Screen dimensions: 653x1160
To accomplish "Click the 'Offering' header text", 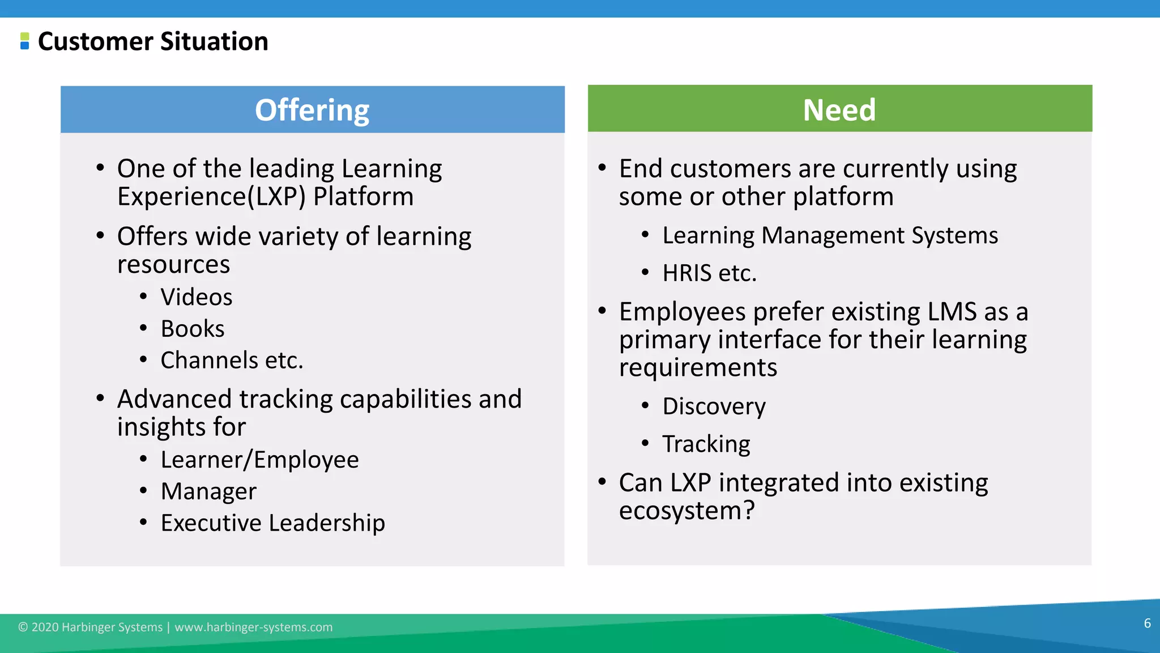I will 312,110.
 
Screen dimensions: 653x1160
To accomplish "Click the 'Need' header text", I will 839,109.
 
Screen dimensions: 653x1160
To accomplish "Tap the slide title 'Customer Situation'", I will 153,41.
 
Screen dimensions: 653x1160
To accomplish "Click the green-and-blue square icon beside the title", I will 24,41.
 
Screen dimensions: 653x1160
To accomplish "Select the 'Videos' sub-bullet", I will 196,297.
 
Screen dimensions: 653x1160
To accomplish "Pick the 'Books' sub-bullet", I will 193,329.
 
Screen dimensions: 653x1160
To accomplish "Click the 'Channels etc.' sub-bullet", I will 232,361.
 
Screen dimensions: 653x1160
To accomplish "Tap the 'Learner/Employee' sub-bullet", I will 259,460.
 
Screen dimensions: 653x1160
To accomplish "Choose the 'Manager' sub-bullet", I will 208,491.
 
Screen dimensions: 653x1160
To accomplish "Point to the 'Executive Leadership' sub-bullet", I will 272,523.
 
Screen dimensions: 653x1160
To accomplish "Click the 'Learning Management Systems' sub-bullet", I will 830,235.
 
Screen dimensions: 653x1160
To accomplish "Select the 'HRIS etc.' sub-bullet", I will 709,273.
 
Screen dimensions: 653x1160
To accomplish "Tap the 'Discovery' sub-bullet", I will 714,406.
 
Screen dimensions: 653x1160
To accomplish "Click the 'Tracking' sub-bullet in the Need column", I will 706,444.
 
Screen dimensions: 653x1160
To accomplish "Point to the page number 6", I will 1147,624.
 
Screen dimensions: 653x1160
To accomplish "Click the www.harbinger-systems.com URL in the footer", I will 253,627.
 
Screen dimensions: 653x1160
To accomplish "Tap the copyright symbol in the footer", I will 23,627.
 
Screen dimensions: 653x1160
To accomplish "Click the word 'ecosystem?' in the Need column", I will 686,511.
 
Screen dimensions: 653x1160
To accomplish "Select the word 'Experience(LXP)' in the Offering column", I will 211,197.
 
